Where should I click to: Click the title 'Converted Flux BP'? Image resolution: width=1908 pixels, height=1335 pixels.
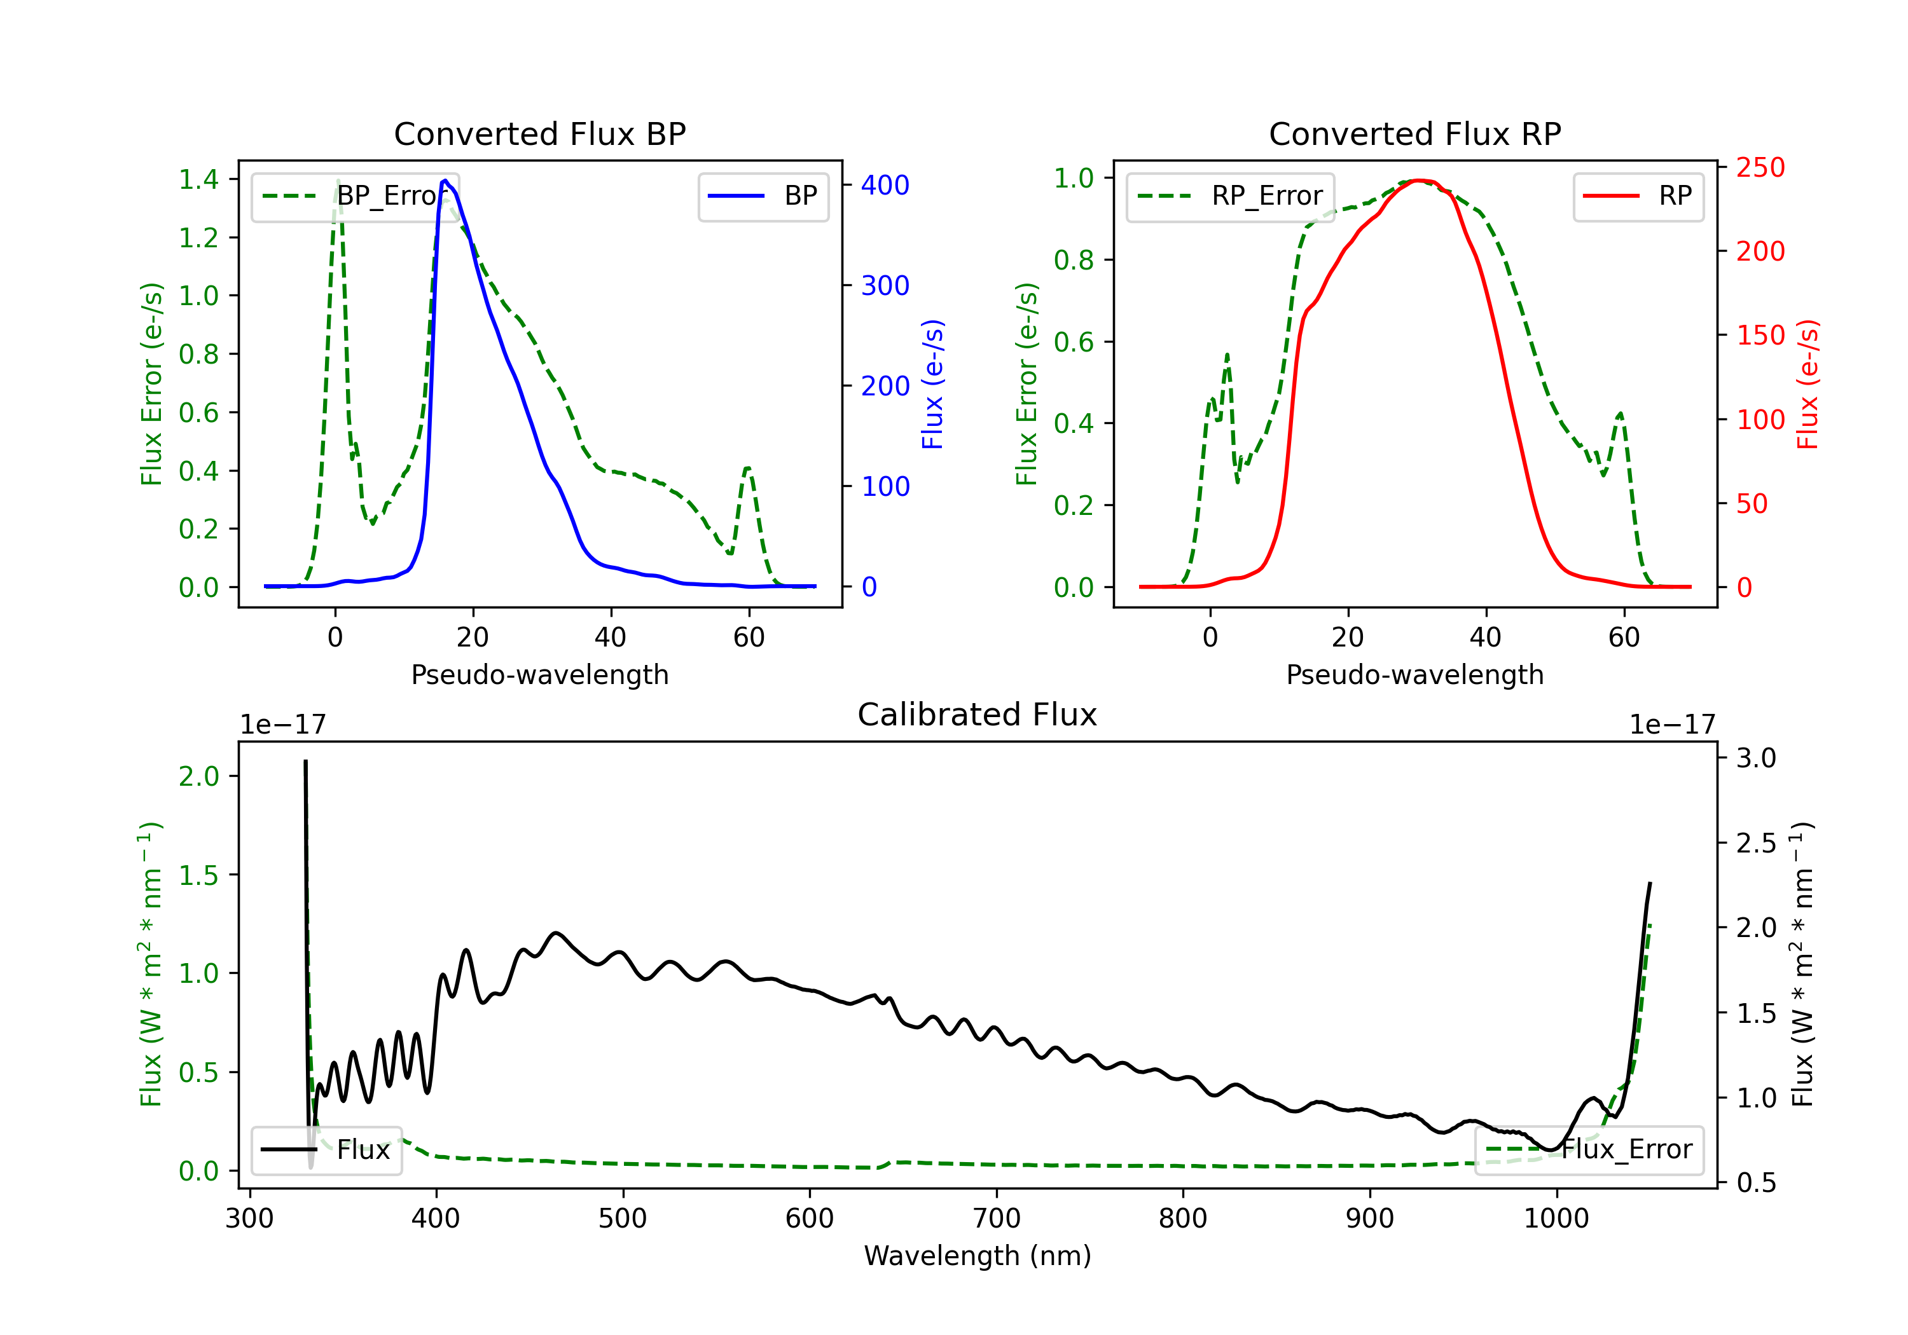click(539, 133)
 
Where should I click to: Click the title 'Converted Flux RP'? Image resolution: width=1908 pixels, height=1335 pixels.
click(1414, 133)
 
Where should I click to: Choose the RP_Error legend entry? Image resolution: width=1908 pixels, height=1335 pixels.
click(1230, 196)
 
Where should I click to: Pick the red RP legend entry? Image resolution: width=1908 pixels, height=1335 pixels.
click(1638, 196)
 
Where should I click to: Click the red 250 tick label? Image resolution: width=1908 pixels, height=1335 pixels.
click(1760, 168)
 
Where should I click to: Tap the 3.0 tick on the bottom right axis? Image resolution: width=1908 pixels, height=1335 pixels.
click(1755, 758)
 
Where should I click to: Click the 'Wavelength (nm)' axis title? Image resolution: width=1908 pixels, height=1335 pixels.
click(978, 1256)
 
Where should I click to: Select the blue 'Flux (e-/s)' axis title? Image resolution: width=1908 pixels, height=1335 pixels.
click(932, 384)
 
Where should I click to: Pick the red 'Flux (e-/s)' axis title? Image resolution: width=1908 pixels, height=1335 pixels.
click(1808, 384)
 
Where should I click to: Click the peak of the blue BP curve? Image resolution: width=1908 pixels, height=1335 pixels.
click(445, 181)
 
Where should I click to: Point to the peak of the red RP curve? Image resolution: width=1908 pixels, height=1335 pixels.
click(1420, 181)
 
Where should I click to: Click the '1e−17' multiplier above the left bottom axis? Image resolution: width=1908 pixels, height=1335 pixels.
click(282, 725)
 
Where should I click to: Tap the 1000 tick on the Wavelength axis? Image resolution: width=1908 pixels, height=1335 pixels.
click(1556, 1219)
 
